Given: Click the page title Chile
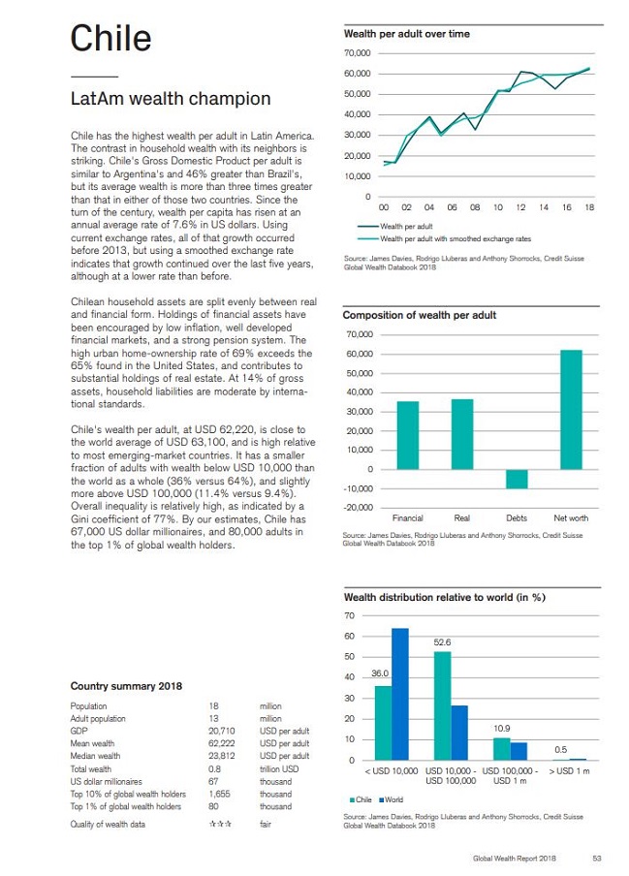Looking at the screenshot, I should pyautogui.click(x=110, y=38).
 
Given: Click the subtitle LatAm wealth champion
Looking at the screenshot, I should pyautogui.click(x=171, y=100).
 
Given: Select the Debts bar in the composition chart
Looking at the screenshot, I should pyautogui.click(x=517, y=480).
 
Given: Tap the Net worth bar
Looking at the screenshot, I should pyautogui.click(x=571, y=409).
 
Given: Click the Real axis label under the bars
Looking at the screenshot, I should pyautogui.click(x=462, y=518).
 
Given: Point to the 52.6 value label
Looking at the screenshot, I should pyautogui.click(x=442, y=642).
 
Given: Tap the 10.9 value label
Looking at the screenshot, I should pyautogui.click(x=501, y=728).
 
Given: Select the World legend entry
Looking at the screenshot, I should pyautogui.click(x=393, y=799).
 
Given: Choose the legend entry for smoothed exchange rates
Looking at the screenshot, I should pyautogui.click(x=456, y=238).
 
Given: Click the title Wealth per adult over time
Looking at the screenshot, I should pyautogui.click(x=407, y=34).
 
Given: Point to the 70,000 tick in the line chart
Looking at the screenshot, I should pyautogui.click(x=358, y=51).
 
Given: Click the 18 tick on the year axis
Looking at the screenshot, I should pyautogui.click(x=589, y=207).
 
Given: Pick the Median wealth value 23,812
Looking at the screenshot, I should pyautogui.click(x=222, y=756).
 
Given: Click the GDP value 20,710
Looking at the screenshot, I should pyautogui.click(x=223, y=731).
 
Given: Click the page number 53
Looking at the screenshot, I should pyautogui.click(x=596, y=858).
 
